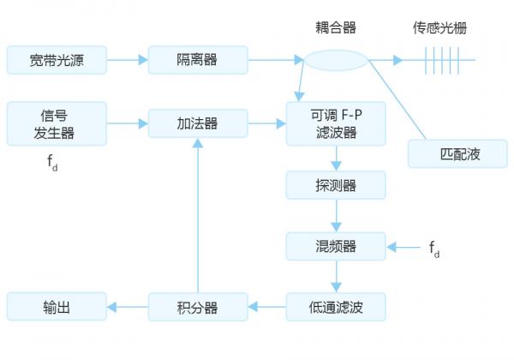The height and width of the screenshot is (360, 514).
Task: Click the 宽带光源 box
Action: [56, 61]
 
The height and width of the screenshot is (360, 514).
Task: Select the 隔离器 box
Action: [198, 61]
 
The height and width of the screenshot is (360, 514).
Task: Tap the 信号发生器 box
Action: [56, 123]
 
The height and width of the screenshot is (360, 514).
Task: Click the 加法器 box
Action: [198, 123]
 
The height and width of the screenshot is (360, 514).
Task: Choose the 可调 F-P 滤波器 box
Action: [336, 123]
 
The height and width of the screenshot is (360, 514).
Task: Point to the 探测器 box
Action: [336, 184]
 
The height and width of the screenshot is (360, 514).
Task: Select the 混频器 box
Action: [336, 247]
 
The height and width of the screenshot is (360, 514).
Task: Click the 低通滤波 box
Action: [336, 306]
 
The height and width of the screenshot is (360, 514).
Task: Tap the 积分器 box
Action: [198, 306]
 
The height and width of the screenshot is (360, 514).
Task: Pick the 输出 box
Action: [56, 306]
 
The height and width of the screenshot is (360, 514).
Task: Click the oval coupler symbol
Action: [335, 61]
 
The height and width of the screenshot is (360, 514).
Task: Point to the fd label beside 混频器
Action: [434, 249]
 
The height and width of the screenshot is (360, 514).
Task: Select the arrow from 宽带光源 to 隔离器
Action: [128, 61]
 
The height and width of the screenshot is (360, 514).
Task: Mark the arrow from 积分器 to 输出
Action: [128, 306]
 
